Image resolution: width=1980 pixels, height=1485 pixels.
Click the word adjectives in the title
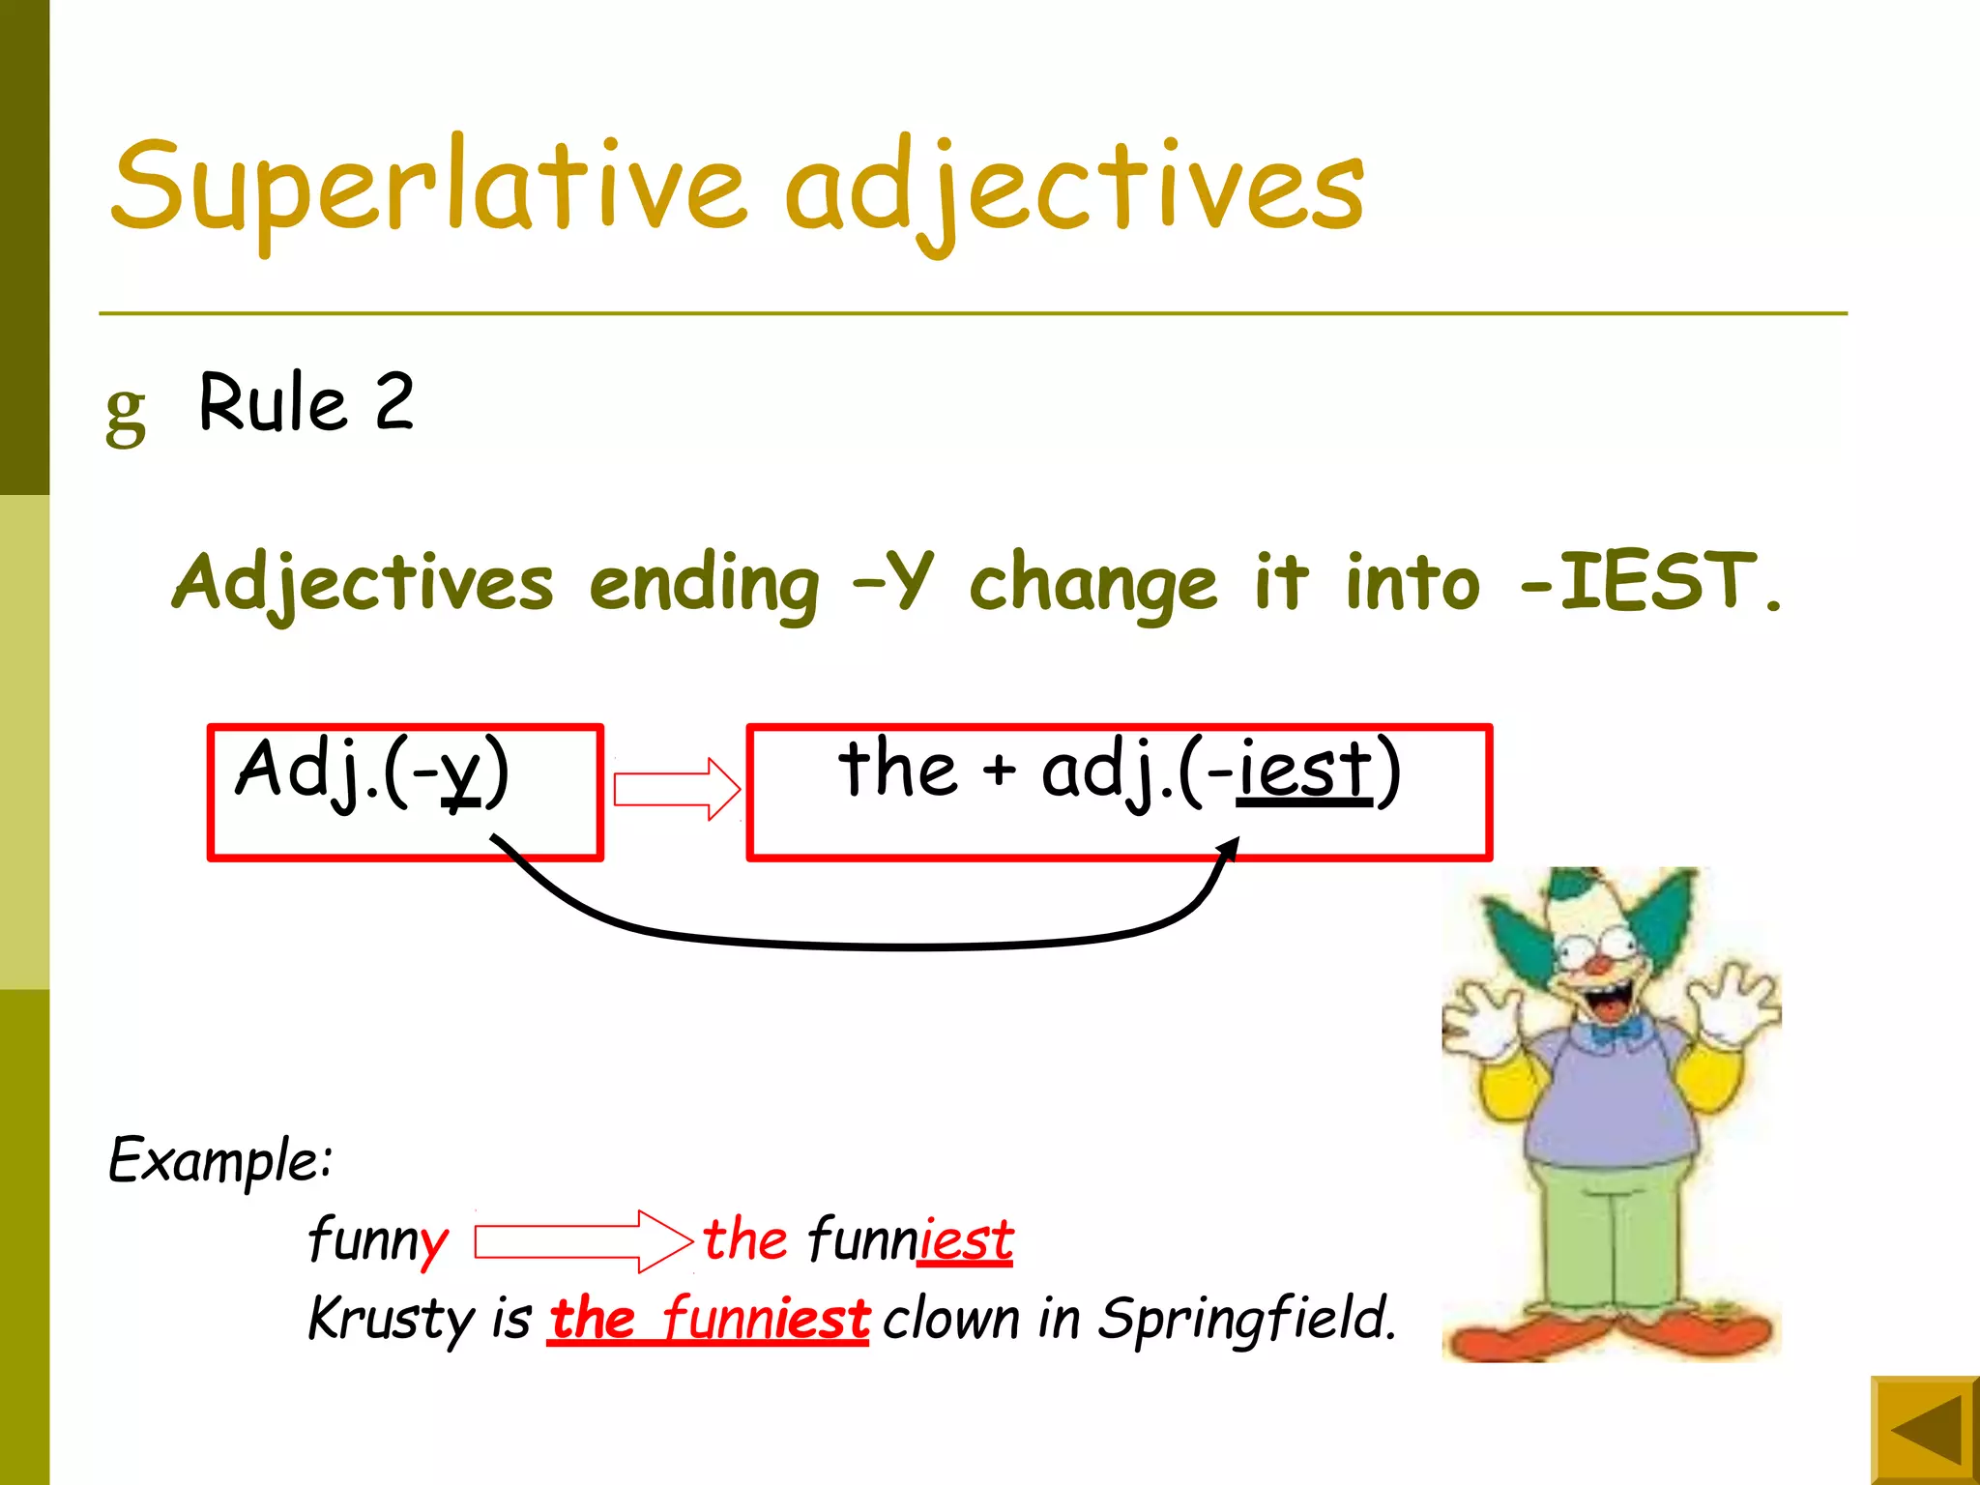pyautogui.click(x=1073, y=189)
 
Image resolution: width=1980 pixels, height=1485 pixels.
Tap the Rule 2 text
pyautogui.click(x=306, y=403)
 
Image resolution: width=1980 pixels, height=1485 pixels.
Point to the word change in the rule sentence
pyautogui.click(x=1092, y=585)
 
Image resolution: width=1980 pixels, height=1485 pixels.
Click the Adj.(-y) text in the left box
pyautogui.click(x=372, y=771)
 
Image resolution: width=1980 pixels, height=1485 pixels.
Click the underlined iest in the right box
pyautogui.click(x=1305, y=771)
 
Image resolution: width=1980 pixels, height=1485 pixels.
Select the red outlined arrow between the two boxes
pyautogui.click(x=677, y=789)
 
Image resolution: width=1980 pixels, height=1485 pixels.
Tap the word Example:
pyautogui.click(x=220, y=1159)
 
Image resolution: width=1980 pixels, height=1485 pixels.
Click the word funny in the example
pyautogui.click(x=378, y=1239)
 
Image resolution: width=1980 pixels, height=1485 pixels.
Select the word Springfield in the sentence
pyautogui.click(x=1247, y=1319)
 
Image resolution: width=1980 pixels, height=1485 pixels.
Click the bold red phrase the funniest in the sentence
pyautogui.click(x=709, y=1319)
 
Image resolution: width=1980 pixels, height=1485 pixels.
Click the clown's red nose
pyautogui.click(x=1600, y=965)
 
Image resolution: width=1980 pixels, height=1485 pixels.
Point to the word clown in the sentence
pyautogui.click(x=951, y=1319)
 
